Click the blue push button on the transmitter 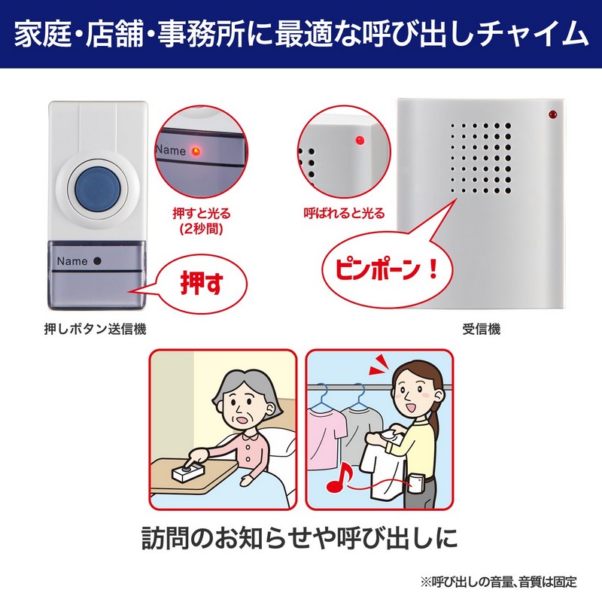coord(98,187)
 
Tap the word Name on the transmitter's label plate coord(71,261)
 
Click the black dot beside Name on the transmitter coord(97,260)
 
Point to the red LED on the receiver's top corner coord(552,114)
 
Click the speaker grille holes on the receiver coord(481,158)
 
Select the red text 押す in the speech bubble coord(202,283)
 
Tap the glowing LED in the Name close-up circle coord(196,151)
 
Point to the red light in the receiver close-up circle coord(360,140)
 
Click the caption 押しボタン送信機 coord(96,329)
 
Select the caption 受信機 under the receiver coord(481,329)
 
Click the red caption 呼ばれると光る coord(344,213)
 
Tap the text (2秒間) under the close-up coord(201,230)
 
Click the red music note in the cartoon coord(339,478)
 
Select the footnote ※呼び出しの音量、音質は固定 coord(498,582)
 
